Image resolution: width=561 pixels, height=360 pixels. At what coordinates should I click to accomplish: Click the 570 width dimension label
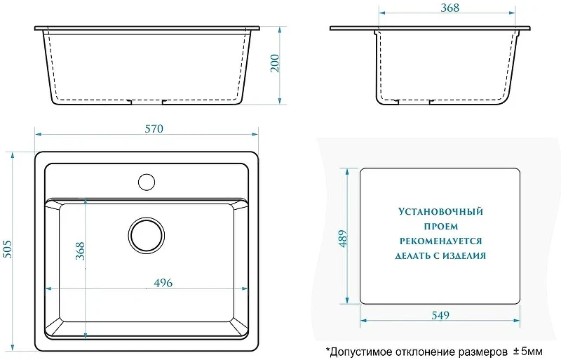click(x=154, y=128)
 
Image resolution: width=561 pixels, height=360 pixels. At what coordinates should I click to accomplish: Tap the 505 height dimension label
click(x=7, y=249)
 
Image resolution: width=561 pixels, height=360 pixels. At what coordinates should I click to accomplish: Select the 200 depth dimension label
click(x=275, y=63)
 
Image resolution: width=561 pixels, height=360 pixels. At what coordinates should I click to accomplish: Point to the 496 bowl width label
click(x=163, y=283)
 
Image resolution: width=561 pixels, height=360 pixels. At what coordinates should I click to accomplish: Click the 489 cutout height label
click(x=343, y=239)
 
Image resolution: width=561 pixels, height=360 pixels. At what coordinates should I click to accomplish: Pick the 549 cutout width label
click(x=440, y=315)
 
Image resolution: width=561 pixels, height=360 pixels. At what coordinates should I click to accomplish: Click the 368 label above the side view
click(x=450, y=8)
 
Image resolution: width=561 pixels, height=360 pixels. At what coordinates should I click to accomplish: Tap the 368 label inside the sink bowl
click(x=80, y=251)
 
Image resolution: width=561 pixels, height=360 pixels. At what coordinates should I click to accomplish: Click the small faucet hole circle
click(x=147, y=182)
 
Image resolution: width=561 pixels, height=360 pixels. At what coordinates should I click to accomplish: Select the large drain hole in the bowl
click(x=147, y=235)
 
